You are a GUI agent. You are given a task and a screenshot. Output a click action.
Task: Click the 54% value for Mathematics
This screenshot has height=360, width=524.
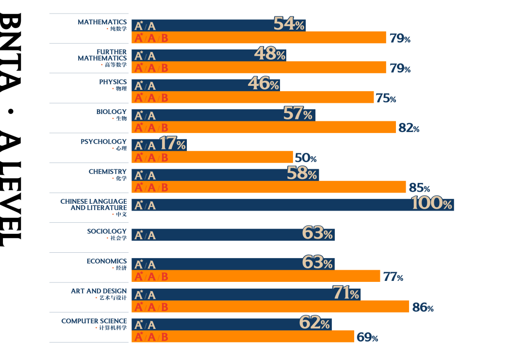point(289,24)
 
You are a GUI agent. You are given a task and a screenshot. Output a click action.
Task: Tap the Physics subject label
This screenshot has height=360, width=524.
point(113,82)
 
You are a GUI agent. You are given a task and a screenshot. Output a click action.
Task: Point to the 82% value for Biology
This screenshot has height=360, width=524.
point(409,128)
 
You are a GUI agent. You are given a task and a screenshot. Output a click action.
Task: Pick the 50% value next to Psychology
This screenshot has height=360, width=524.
point(306,158)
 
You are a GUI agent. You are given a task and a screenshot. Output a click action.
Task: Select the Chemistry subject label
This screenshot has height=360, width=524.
point(107,172)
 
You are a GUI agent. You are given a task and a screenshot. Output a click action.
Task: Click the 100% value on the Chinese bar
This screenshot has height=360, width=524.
point(431,203)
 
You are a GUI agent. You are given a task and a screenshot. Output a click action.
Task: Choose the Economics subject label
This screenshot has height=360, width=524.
point(106,261)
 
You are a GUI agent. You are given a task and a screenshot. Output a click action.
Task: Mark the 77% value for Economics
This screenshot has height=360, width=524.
point(393,277)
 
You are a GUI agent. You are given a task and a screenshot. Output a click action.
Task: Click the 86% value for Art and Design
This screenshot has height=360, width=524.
point(423,307)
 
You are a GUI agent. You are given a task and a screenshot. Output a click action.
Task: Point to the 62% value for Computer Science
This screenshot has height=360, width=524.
point(314,323)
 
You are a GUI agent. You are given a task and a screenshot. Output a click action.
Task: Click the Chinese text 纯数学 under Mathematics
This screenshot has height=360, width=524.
point(118,29)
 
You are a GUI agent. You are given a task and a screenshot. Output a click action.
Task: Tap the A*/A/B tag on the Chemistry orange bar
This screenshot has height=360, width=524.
point(151,187)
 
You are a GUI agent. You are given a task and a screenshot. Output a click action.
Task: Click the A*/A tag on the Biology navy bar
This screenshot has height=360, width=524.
point(145,115)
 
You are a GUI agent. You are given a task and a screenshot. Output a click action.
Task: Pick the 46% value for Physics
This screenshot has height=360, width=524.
point(263,84)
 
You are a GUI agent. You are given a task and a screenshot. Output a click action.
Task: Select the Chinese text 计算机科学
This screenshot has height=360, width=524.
point(113,327)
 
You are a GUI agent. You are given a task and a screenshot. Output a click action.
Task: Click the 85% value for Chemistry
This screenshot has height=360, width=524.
point(419,188)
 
